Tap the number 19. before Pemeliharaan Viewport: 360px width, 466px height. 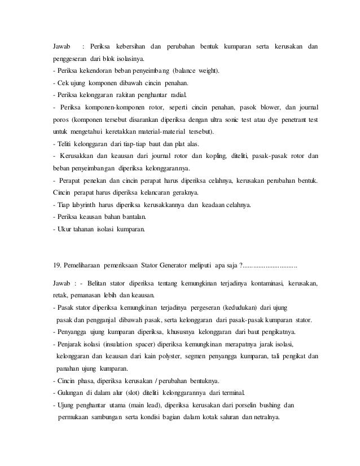[x=55, y=265]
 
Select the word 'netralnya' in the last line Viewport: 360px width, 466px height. [x=267, y=417]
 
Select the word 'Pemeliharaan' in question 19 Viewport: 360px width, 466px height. [x=86, y=265]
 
